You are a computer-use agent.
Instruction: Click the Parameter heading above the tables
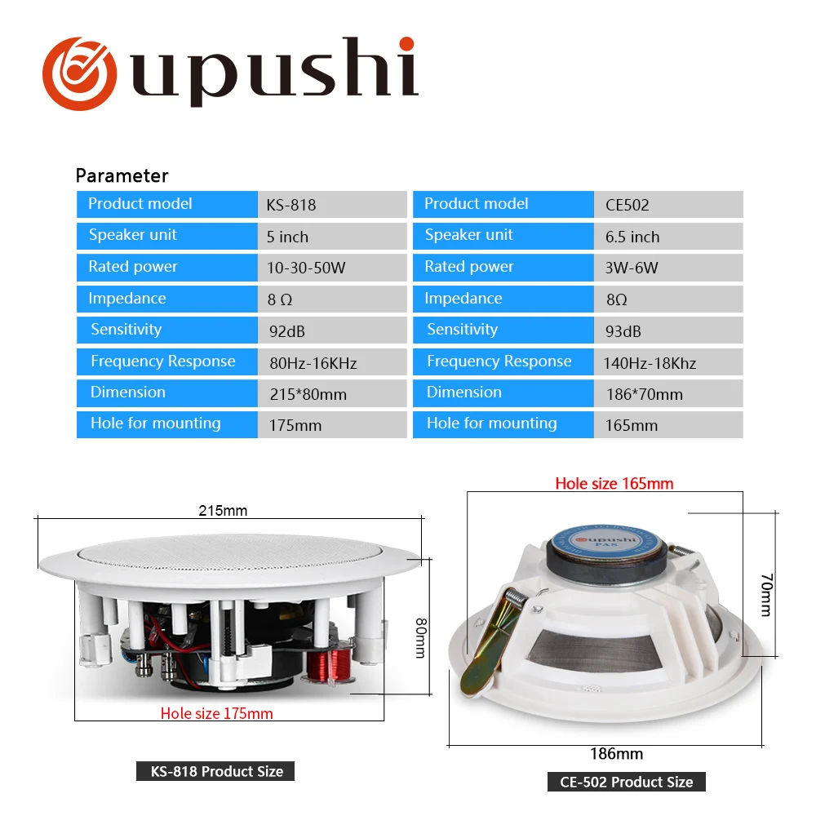pyautogui.click(x=122, y=175)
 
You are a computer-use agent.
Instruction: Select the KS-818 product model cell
pyautogui.click(x=291, y=205)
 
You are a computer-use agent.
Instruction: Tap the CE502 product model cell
pyautogui.click(x=628, y=205)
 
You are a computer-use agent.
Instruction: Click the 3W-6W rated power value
pyautogui.click(x=632, y=268)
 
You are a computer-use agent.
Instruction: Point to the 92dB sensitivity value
pyautogui.click(x=287, y=331)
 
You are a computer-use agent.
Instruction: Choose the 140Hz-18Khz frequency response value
pyautogui.click(x=650, y=363)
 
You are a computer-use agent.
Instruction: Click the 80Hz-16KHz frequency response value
pyautogui.click(x=313, y=363)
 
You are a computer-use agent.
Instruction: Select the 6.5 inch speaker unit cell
pyautogui.click(x=632, y=237)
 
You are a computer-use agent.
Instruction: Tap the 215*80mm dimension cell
pyautogui.click(x=308, y=394)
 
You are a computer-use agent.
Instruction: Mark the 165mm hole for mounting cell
pyautogui.click(x=631, y=425)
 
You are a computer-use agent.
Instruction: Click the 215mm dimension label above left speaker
pyautogui.click(x=223, y=511)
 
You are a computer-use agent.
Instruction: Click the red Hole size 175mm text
pyautogui.click(x=216, y=713)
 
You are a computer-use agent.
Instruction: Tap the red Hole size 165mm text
pyautogui.click(x=614, y=483)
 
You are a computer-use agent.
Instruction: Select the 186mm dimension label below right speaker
pyautogui.click(x=616, y=753)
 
